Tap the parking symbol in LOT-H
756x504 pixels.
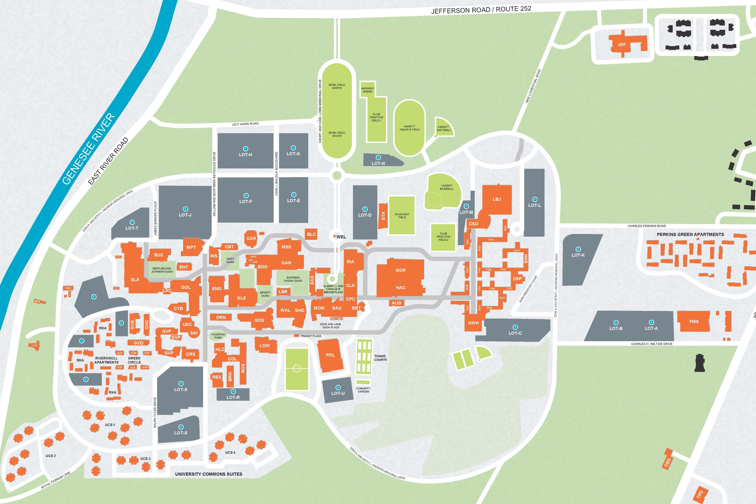246,148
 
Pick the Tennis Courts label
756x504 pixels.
380,358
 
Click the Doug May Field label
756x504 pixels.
402,216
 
